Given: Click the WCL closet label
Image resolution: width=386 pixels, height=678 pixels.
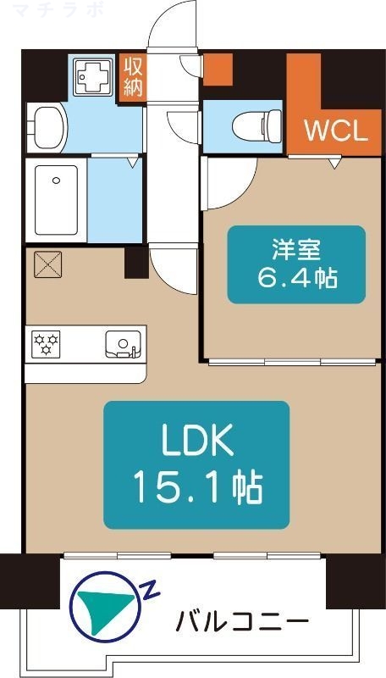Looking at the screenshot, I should tap(335, 132).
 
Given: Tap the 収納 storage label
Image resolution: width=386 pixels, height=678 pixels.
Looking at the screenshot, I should tap(134, 76).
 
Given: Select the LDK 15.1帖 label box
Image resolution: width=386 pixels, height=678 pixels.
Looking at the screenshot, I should tap(196, 464).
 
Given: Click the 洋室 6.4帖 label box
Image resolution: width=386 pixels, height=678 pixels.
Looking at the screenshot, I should tap(295, 264).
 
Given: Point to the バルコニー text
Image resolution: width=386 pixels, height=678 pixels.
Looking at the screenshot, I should tap(241, 623).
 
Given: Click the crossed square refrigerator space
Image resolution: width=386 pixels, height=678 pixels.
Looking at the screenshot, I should tap(47, 264).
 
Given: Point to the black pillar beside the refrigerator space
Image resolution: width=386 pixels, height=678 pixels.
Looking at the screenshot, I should tap(135, 263).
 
